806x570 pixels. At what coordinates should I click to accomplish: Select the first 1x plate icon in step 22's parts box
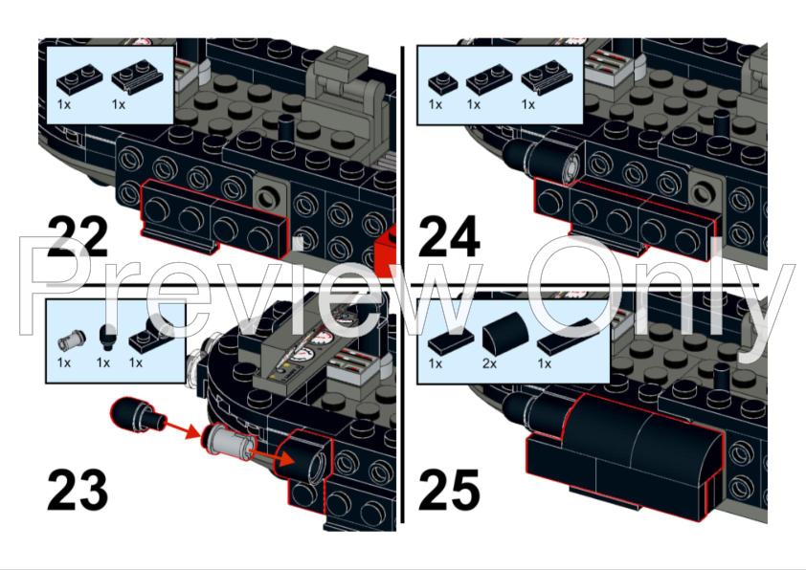pyautogui.click(x=76, y=77)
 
